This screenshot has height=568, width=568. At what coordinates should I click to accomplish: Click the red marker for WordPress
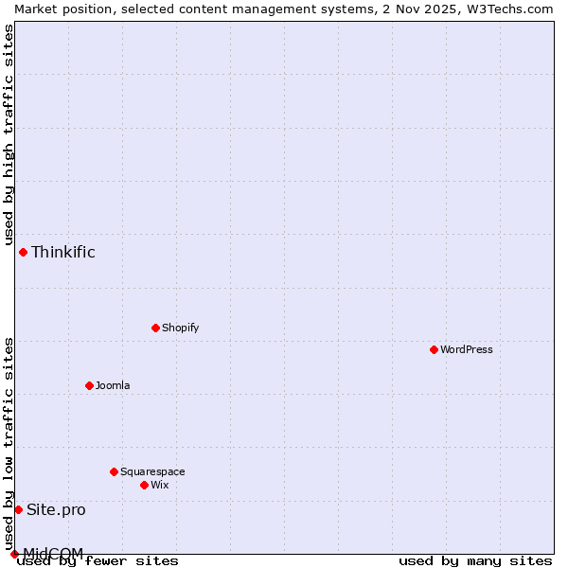coord(434,349)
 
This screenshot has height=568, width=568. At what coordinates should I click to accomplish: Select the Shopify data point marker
coord(155,328)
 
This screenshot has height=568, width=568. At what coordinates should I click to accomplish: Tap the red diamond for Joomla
coord(89,385)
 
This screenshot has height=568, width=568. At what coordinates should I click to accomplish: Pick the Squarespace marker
coord(114,471)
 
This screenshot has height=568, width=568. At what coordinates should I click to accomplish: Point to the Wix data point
coord(144,485)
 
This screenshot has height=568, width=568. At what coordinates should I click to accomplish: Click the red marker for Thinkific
coord(23,252)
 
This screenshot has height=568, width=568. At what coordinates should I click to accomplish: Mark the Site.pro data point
coord(18,509)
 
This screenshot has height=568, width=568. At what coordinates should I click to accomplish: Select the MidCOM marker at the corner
coord(14,554)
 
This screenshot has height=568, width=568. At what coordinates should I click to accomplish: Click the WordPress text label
coord(467,349)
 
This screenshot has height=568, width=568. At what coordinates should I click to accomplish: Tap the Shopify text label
coord(181,328)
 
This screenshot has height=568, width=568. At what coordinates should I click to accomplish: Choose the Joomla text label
coord(113,385)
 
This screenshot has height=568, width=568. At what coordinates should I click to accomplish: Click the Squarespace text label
coord(152,471)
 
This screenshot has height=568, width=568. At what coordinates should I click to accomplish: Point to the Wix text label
coord(160,485)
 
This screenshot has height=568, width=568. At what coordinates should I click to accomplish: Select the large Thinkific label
coord(63,252)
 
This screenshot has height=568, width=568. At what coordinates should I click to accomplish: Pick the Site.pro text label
coord(56,509)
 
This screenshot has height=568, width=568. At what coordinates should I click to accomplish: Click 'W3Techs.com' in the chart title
coord(515,9)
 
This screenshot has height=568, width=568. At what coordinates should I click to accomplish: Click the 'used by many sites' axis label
coord(475,561)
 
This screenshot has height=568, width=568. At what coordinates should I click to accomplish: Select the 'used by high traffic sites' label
coord(9,134)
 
